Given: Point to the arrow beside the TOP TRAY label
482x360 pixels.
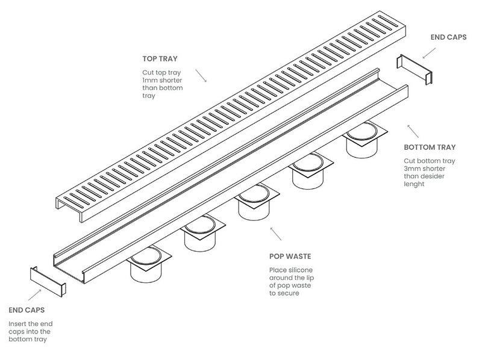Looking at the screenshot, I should [x=201, y=76].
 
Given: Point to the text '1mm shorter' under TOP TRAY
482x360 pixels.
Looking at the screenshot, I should [x=159, y=81].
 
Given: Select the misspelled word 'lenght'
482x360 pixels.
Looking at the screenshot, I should [x=415, y=184].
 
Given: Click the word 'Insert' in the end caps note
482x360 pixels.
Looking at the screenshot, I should [x=18, y=324].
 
